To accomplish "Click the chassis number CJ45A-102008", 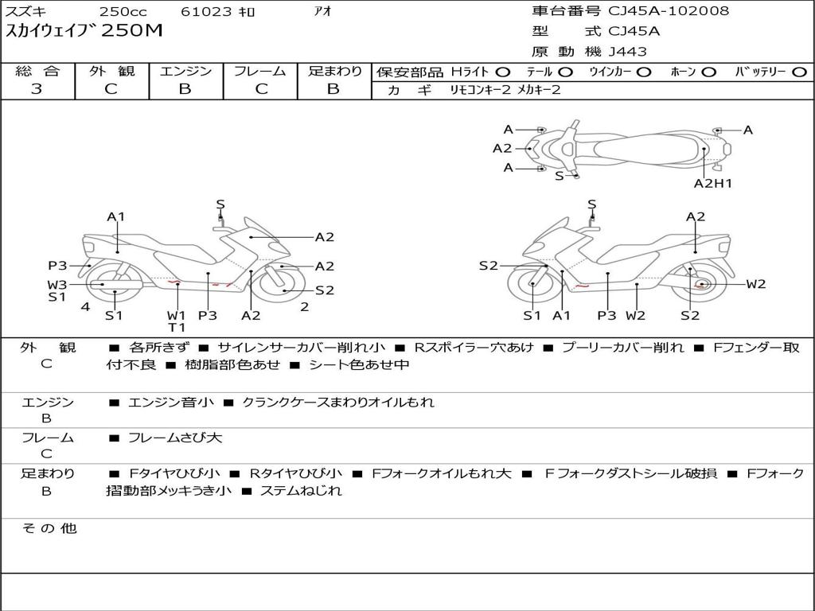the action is click(x=669, y=11).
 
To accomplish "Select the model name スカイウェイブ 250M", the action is click(x=84, y=31).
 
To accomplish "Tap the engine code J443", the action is click(x=627, y=52).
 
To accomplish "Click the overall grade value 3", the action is click(x=37, y=89).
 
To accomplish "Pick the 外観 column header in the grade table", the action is click(x=111, y=71).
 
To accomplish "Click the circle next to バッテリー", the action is click(x=799, y=72).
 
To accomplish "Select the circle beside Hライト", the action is click(x=503, y=72).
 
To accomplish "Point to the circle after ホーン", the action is click(x=709, y=72).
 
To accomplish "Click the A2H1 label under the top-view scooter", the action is click(x=712, y=183).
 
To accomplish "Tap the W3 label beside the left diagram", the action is click(x=57, y=284).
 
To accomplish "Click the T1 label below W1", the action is click(x=176, y=327).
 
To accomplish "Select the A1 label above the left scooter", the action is click(x=116, y=216).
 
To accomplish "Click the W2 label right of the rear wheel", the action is click(x=756, y=284).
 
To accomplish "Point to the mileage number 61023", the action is click(x=206, y=11).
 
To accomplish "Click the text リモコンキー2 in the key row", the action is click(x=481, y=90).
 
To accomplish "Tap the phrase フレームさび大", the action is click(x=175, y=438).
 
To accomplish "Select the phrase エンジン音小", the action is click(x=171, y=402).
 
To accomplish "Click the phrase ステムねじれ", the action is click(x=301, y=490).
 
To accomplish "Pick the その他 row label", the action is click(x=49, y=528).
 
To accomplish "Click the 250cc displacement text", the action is click(x=123, y=11).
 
